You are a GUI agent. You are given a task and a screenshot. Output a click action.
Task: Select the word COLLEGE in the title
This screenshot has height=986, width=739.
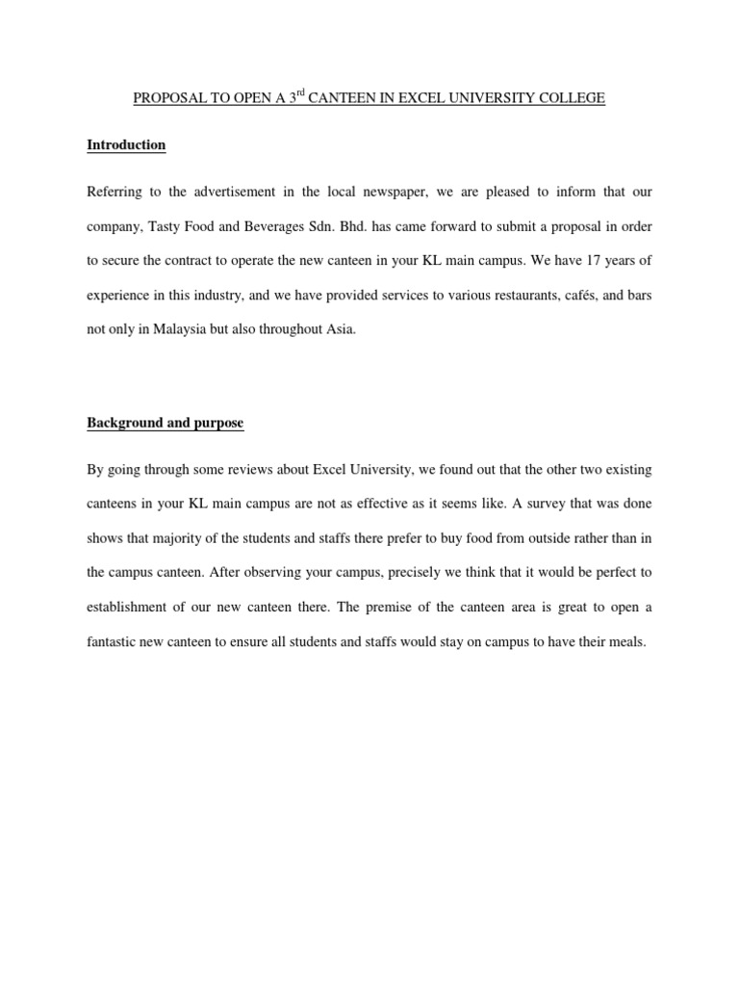click(572, 98)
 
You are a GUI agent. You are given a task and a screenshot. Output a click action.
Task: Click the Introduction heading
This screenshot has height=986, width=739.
click(126, 145)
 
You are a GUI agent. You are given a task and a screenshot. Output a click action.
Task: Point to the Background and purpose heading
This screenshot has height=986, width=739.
click(165, 423)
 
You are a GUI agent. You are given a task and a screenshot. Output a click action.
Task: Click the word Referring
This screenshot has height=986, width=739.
click(115, 192)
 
